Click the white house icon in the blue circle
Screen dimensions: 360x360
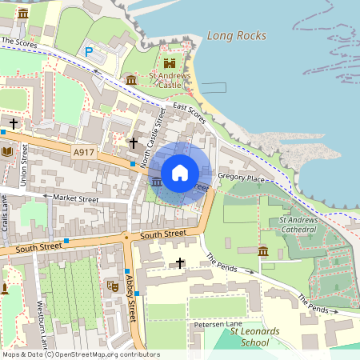click(180, 172)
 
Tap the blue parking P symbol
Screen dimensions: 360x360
click(89, 51)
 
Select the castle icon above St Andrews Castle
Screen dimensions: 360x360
click(169, 63)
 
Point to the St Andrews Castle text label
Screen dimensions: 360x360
click(169, 80)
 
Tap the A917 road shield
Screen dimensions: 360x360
click(82, 151)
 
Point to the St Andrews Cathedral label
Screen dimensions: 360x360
click(298, 225)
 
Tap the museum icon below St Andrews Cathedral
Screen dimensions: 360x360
click(263, 253)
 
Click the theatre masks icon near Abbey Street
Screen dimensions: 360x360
click(112, 285)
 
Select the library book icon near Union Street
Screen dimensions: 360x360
click(7, 150)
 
